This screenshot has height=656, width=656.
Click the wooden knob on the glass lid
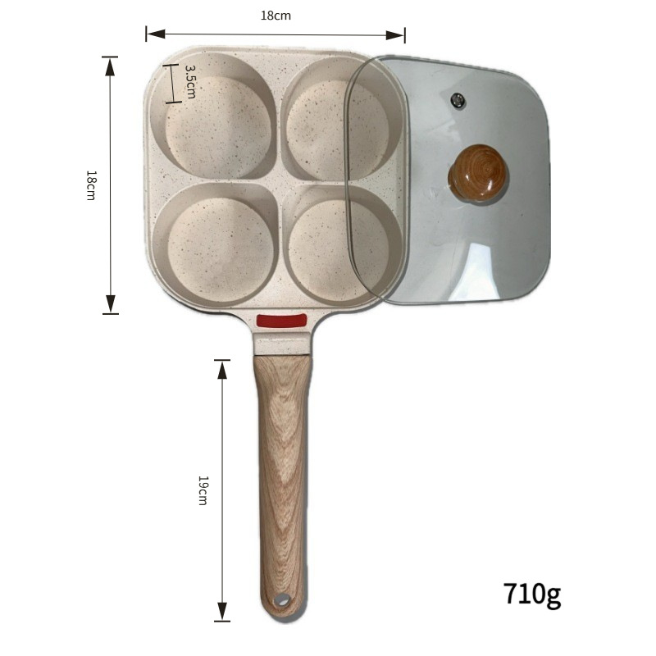[x=477, y=172]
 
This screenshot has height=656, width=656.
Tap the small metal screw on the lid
[x=458, y=100]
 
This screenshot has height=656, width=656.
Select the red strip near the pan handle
[x=281, y=321]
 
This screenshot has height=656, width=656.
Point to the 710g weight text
[x=532, y=594]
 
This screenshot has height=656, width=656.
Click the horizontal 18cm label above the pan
[x=276, y=16]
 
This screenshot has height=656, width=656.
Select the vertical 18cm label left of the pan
[x=91, y=185]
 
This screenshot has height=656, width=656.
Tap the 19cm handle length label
[x=203, y=490]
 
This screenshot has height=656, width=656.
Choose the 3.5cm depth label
[x=190, y=81]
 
